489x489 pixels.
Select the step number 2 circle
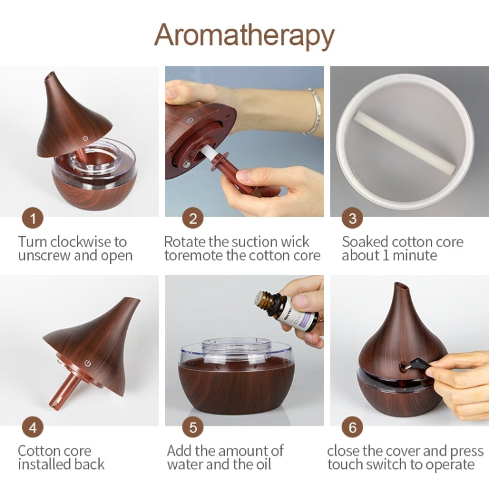pos(192,218)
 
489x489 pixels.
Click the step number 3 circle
pos(353,218)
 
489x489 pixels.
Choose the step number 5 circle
pos(192,428)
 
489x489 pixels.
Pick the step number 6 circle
pos(353,428)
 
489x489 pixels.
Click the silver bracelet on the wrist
pos(314,111)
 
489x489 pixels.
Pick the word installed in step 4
pos(46,465)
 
